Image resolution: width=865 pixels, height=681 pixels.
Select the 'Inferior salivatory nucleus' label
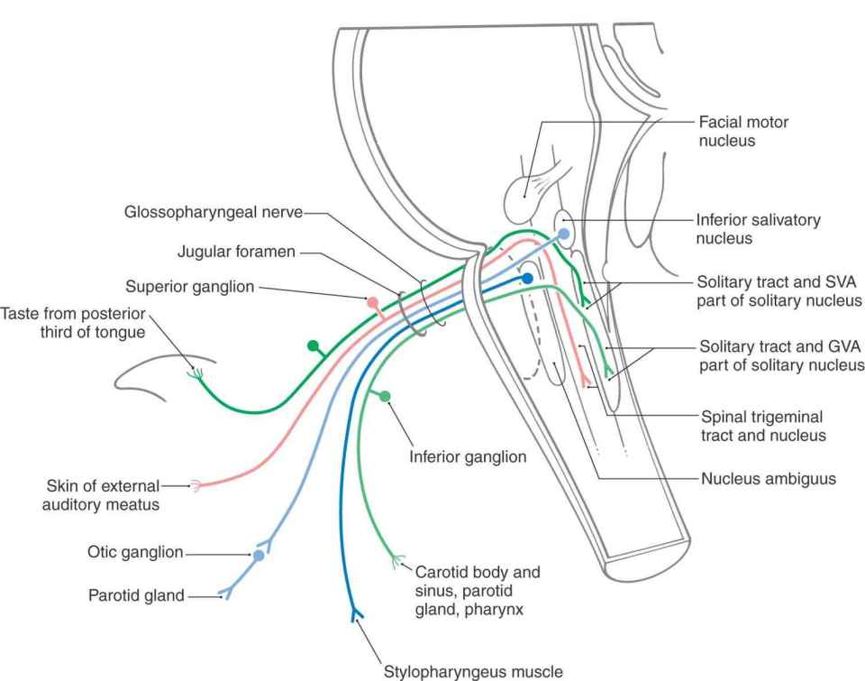[758, 229]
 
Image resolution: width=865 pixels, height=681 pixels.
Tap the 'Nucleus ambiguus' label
[768, 479]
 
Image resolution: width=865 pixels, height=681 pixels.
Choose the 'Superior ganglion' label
[190, 287]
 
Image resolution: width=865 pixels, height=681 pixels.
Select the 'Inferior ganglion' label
[468, 457]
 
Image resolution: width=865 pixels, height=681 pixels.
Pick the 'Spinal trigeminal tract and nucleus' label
[763, 427]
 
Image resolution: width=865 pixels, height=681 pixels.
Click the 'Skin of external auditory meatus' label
[100, 495]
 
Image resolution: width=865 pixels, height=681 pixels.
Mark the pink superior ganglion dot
[372, 302]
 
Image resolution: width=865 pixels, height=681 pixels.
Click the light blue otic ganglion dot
[259, 556]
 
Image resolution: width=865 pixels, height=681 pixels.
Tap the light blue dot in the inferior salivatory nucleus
[564, 233]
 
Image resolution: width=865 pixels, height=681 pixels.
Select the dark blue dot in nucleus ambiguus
[528, 279]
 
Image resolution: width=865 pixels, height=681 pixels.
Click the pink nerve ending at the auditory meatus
[194, 485]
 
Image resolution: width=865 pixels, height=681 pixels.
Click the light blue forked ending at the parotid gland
[224, 594]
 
